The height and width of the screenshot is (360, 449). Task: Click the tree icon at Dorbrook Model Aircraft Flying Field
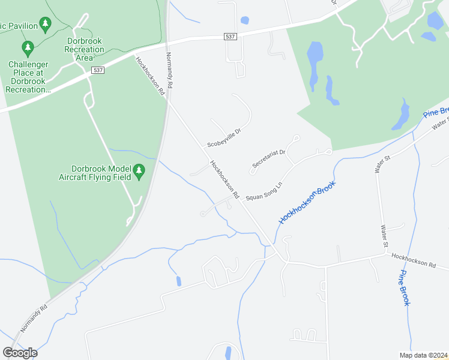139,172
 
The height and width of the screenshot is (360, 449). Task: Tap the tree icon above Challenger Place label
27,47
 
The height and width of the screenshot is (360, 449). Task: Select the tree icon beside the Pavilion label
45,24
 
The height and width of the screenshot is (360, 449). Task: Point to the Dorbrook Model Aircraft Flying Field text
96,173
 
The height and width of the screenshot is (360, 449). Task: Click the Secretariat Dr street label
268,155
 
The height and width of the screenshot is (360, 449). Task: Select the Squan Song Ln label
264,190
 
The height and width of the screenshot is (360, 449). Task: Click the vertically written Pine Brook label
405,287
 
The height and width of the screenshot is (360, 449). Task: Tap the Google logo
20,352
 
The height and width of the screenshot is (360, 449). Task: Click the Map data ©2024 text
423,355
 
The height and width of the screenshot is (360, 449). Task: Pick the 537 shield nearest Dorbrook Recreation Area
98,70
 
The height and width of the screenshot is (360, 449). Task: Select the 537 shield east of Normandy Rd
230,37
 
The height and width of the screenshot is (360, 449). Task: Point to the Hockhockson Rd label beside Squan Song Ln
224,180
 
